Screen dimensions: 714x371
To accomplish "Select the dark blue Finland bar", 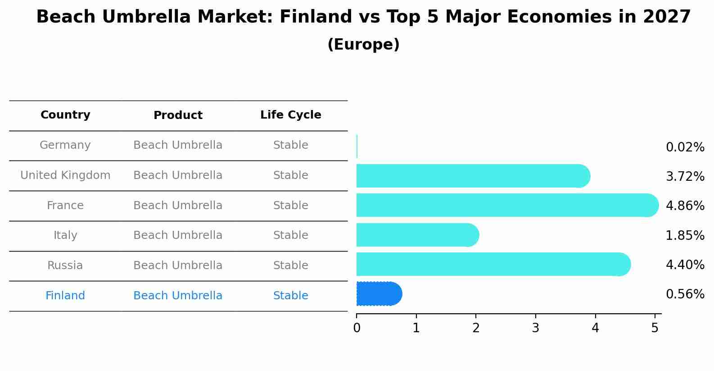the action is [x=378, y=294].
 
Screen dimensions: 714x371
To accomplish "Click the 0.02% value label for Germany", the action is [x=685, y=147].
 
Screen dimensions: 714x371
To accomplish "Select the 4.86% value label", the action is [x=685, y=206].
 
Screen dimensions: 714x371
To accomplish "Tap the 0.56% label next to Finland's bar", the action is [x=685, y=294].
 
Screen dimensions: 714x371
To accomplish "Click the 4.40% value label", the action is [x=685, y=265].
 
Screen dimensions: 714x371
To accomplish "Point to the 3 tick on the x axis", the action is [x=535, y=328].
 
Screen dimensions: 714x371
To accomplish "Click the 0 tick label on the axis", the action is [x=357, y=328].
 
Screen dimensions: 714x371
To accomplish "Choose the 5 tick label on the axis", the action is [x=655, y=328].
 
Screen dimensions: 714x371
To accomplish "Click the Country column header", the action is [x=65, y=115].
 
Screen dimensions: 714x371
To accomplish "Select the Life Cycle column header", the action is [x=290, y=115].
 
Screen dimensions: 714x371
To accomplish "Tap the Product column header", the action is [x=178, y=115].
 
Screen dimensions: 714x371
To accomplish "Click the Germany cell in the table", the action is [x=65, y=145].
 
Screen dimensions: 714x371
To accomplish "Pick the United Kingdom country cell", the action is [x=65, y=175].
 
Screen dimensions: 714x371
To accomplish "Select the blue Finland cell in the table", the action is [x=65, y=296].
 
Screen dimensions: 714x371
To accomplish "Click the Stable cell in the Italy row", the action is [x=290, y=235].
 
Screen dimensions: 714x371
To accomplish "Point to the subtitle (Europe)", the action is [x=363, y=45].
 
